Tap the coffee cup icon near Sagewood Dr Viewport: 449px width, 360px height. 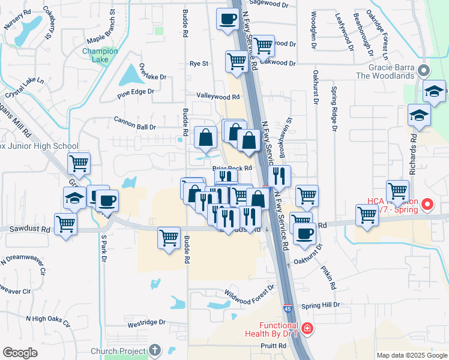(227, 19)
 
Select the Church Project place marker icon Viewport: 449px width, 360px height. (155, 350)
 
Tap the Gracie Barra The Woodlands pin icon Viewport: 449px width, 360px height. (424, 71)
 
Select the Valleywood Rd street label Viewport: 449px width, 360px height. (218, 96)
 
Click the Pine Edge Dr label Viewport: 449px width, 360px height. (136, 92)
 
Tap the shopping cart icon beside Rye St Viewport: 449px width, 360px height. (237, 61)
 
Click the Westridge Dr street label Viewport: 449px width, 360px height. (146, 322)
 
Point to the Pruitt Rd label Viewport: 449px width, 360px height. (273, 346)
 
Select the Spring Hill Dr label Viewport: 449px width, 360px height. (321, 305)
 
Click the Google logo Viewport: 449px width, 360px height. (20, 353)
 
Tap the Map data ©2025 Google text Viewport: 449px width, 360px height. (411, 355)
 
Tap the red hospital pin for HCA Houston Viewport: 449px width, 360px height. (427, 204)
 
